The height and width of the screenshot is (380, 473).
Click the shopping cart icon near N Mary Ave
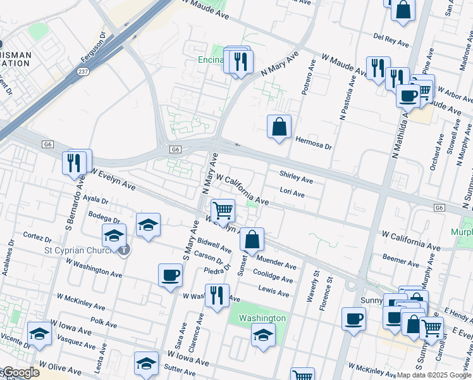[x=223, y=210]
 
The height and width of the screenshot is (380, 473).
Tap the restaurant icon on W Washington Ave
[x=217, y=296]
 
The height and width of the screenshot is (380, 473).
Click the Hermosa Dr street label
[x=314, y=145]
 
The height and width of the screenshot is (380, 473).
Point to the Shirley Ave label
[x=296, y=180]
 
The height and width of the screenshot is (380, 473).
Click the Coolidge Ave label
[x=273, y=278]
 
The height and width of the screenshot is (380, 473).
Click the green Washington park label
[x=263, y=318]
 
